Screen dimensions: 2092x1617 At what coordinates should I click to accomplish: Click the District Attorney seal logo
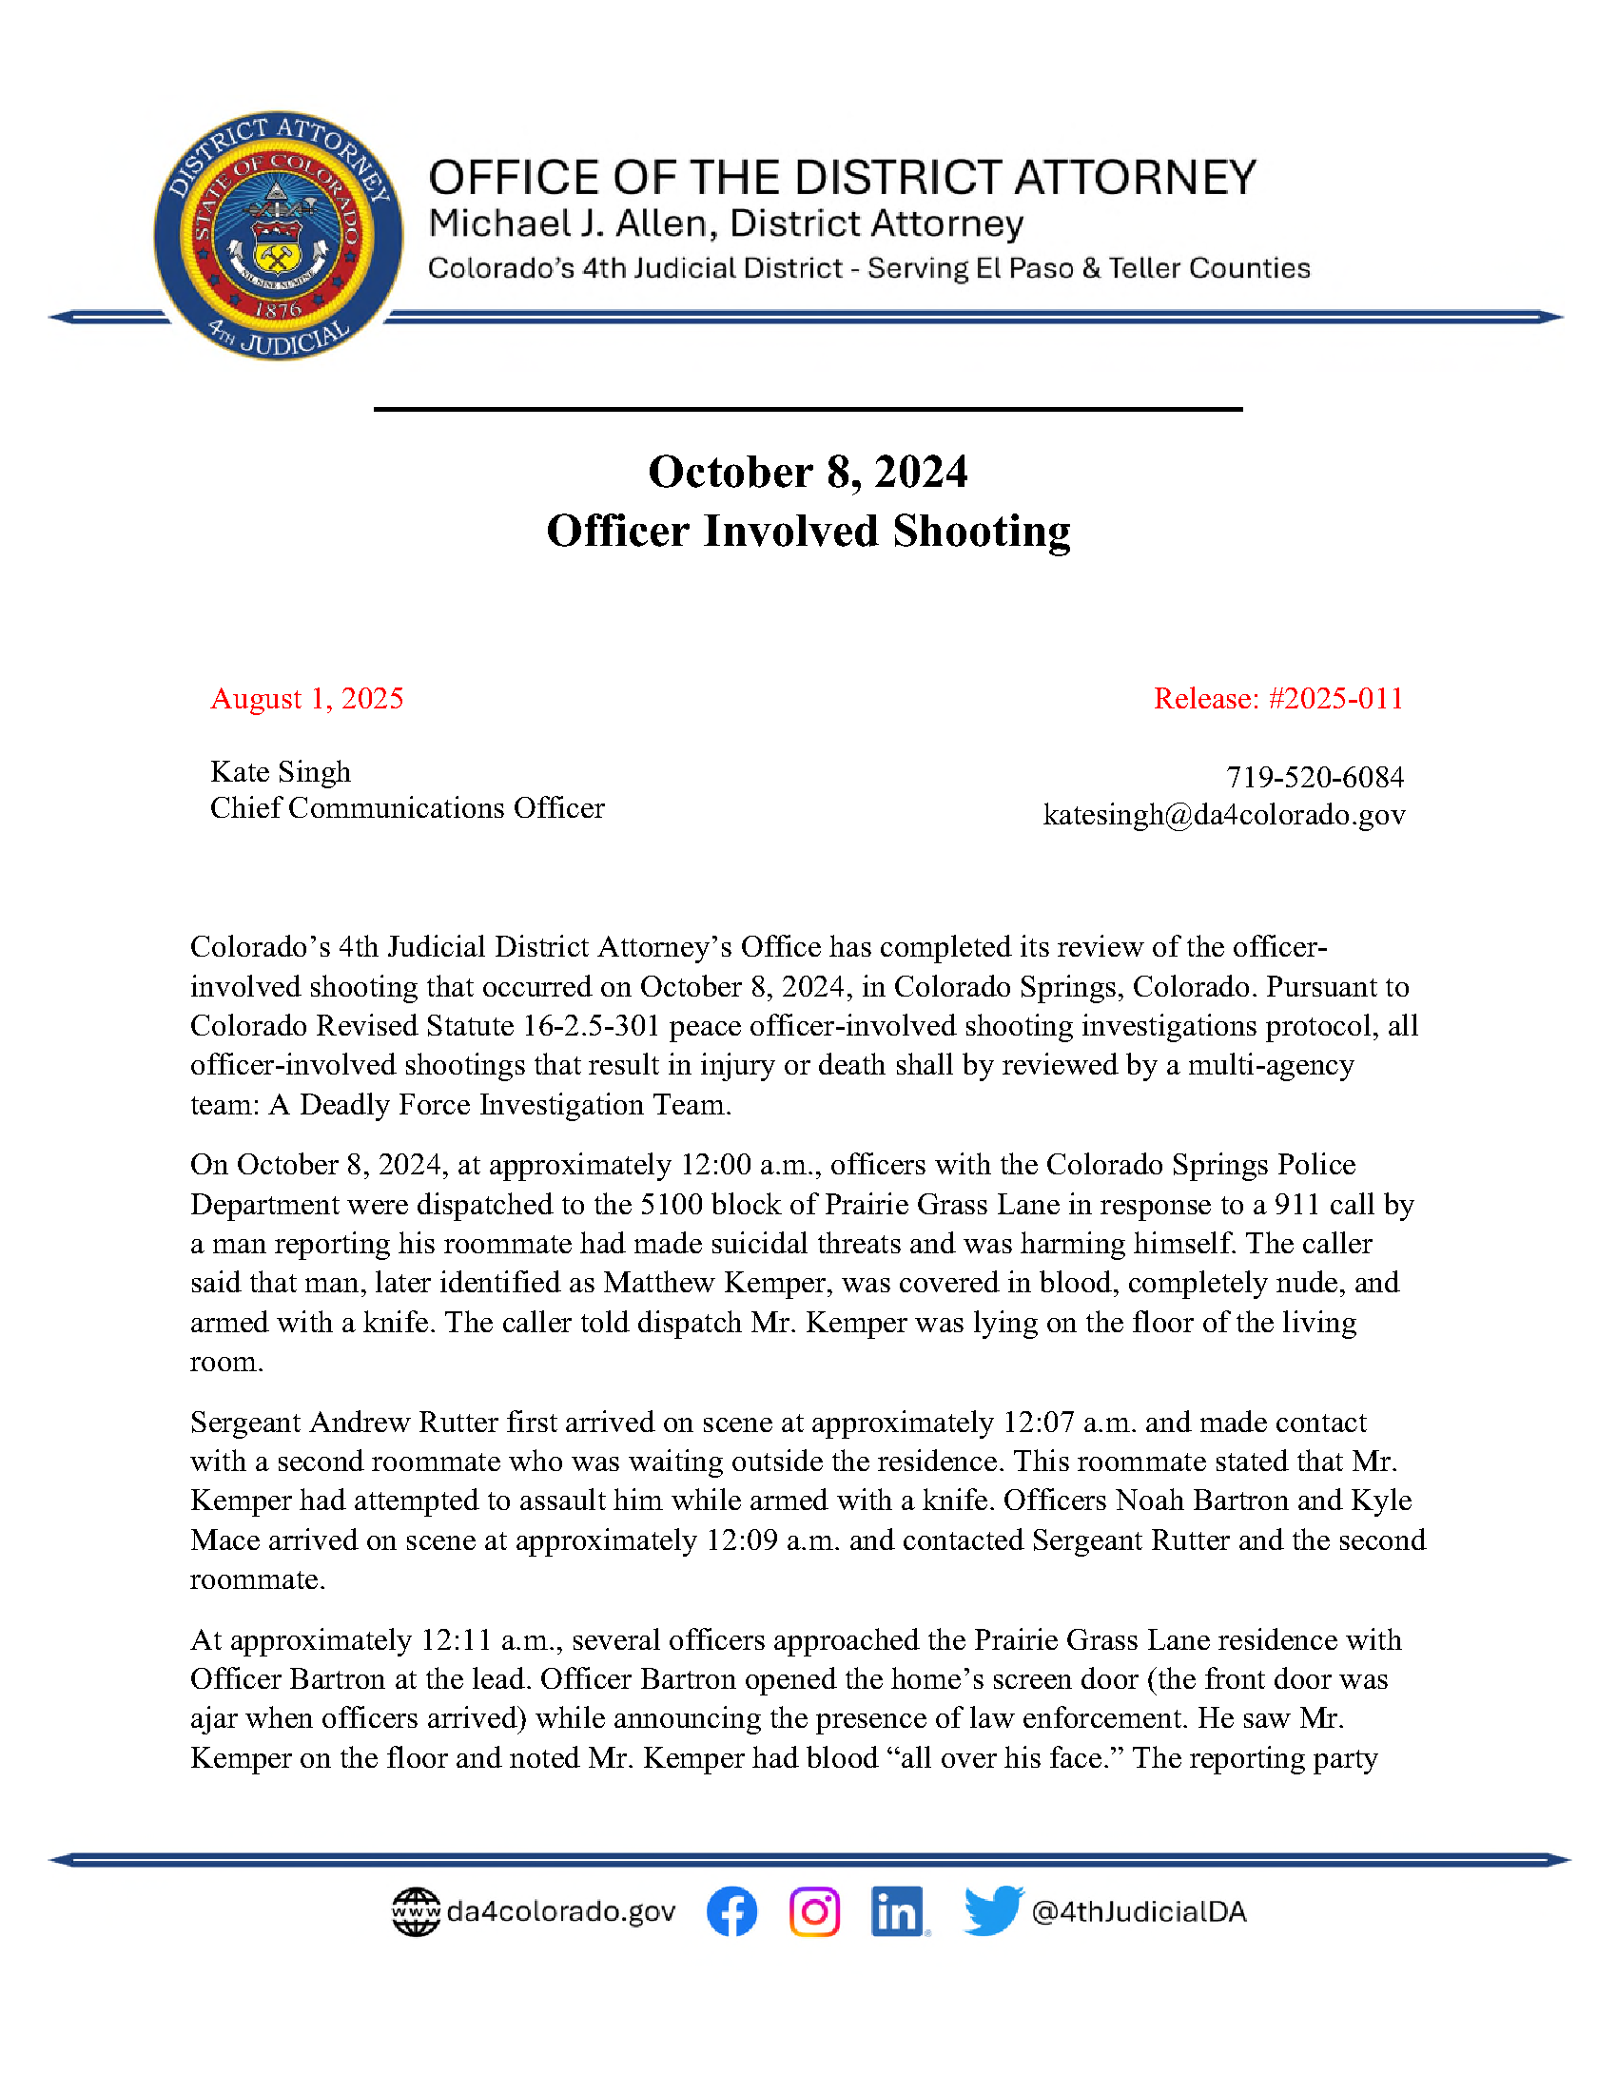click(278, 235)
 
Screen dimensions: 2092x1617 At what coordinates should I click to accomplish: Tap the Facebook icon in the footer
click(731, 1911)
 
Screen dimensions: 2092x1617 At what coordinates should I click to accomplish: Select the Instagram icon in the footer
click(815, 1911)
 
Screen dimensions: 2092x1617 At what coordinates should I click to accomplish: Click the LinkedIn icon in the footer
click(898, 1911)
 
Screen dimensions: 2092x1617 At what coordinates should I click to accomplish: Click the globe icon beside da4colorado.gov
click(416, 1912)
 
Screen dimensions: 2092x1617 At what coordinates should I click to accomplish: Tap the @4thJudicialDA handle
click(1139, 1912)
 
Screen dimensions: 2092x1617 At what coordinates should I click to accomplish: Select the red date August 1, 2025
click(306, 698)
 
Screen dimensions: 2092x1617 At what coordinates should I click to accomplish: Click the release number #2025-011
click(1335, 698)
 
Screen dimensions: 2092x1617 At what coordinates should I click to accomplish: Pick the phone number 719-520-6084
click(1315, 777)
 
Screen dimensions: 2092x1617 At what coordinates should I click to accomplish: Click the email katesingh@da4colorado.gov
click(1223, 814)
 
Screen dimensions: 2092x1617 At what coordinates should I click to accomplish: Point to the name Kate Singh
click(281, 772)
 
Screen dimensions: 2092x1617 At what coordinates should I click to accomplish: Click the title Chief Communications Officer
click(407, 808)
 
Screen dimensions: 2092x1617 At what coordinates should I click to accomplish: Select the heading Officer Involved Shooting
click(808, 532)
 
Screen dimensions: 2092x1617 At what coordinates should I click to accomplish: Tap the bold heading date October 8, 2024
click(808, 473)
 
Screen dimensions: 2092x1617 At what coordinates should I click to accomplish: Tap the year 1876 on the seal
click(278, 309)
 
